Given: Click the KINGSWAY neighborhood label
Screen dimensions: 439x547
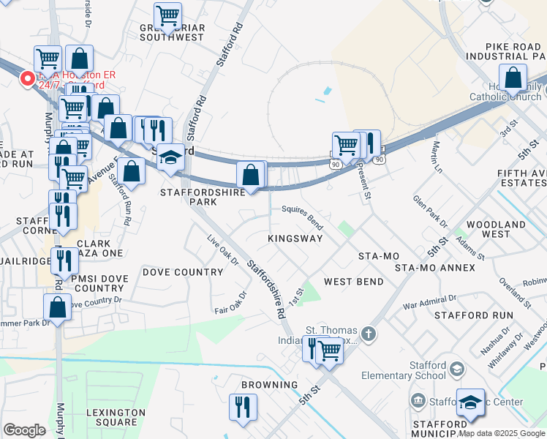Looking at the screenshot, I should pos(295,239).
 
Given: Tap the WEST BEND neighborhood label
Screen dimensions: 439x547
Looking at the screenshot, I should pos(354,282).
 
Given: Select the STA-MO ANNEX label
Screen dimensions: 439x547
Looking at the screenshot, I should pos(434,268).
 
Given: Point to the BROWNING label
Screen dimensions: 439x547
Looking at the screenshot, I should pos(270,384).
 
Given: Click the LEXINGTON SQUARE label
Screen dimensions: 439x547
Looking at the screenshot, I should pos(112,417).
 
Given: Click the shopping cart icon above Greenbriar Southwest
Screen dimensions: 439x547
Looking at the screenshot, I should pos(168,15).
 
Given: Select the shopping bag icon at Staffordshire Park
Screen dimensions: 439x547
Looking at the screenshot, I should pos(251,176).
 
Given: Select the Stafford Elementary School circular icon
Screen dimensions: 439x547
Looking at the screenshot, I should pos(457,368).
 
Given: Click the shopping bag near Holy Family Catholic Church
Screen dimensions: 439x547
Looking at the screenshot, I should pos(513,77).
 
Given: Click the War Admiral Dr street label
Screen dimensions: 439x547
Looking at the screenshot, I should pos(429,300).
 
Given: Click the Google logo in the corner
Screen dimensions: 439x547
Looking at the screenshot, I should pos(24,430).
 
